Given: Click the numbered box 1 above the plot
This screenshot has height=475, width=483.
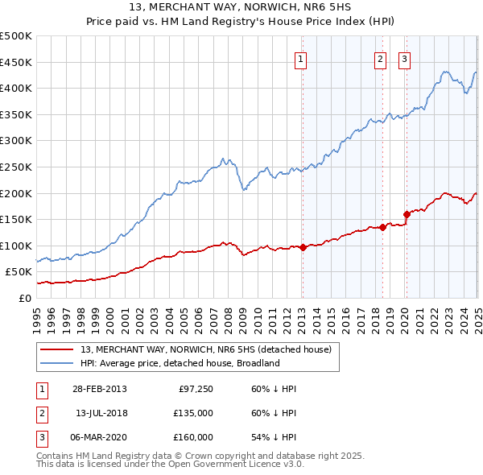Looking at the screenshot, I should tap(300, 58).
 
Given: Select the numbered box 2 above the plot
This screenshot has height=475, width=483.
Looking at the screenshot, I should tap(380, 58).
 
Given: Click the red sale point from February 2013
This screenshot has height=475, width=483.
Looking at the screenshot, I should tap(303, 247).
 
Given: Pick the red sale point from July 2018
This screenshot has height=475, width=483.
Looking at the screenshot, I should tap(382, 227).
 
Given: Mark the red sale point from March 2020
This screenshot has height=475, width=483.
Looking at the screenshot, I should tap(407, 214).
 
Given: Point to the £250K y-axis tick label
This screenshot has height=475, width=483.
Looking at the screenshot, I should tap(16, 167).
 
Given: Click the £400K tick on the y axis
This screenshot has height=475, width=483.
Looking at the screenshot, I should tap(16, 88).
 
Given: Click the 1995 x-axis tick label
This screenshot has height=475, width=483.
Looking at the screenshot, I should tap(38, 314).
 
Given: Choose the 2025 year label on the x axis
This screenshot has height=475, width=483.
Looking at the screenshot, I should tap(477, 314).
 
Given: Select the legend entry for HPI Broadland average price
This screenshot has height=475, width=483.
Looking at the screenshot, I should tap(179, 363).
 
